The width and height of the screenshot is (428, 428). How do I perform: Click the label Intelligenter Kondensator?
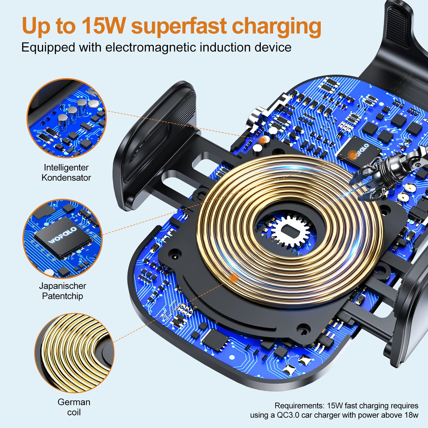tap(66, 173)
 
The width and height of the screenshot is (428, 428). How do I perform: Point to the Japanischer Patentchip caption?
tap(63, 291)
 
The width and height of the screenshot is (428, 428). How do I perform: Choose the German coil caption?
tap(74, 407)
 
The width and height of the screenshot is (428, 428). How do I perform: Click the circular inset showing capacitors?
tap(67, 118)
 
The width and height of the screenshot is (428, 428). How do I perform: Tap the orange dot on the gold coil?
tap(234, 278)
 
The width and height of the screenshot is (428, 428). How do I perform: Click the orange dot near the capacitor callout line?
tap(263, 140)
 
